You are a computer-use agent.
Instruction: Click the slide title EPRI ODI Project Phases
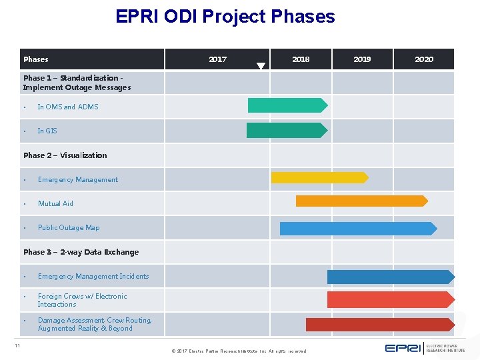[x=225, y=16]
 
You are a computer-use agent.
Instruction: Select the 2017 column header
[x=217, y=59]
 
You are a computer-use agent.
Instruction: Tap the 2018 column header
[x=301, y=59]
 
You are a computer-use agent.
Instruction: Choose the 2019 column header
[x=362, y=59]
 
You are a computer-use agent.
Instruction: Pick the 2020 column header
[x=424, y=59]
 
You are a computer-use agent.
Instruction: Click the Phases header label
[x=36, y=59]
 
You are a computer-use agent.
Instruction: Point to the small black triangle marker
[x=261, y=66]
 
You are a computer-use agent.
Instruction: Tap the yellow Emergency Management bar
[x=319, y=177]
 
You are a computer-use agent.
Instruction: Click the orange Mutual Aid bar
[x=361, y=201]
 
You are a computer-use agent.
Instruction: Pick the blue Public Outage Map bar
[x=357, y=229]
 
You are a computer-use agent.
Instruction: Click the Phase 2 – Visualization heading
[x=65, y=155]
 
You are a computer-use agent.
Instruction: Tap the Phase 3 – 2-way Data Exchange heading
[x=81, y=252]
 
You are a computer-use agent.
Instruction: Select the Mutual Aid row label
[x=55, y=203]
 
